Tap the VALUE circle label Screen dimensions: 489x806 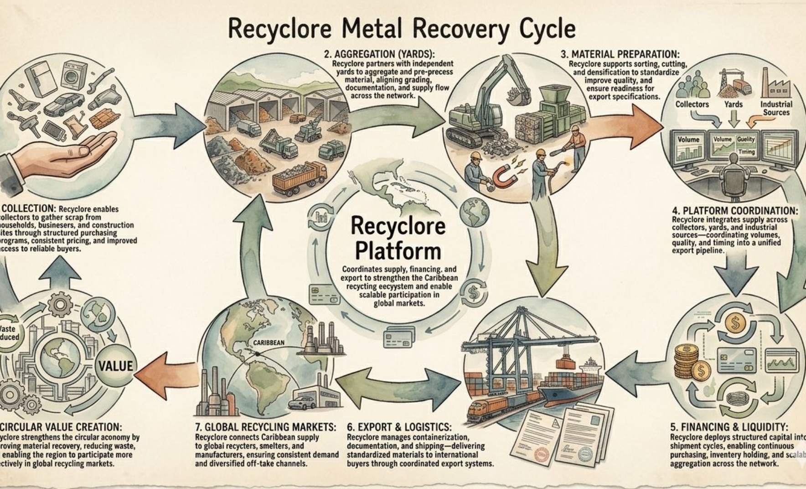tap(116, 366)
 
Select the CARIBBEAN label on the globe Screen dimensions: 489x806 tap(269, 343)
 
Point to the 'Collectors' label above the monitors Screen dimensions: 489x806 tap(692, 104)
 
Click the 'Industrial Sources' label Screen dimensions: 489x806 tap(776, 108)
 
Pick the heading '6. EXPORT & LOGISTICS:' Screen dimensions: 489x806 tap(399, 427)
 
